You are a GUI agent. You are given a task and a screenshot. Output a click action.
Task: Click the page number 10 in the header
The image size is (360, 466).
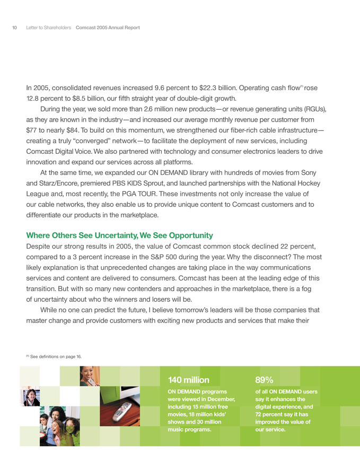[x=15, y=27]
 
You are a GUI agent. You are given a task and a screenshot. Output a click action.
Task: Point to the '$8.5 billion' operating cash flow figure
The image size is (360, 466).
[x=86, y=98]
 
